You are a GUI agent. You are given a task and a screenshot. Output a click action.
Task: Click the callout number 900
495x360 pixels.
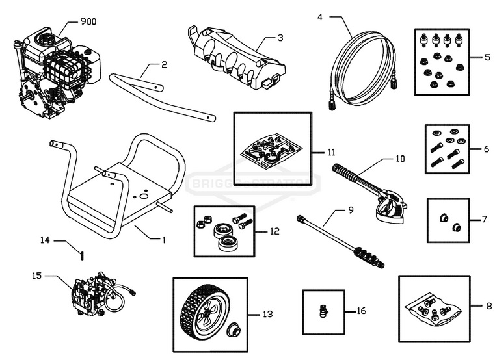(x=88, y=21)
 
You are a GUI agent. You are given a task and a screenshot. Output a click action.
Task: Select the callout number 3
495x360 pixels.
(x=280, y=38)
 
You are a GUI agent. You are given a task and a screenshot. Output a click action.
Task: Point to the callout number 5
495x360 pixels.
(x=487, y=57)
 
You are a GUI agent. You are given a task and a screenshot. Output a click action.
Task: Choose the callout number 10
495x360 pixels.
(x=400, y=158)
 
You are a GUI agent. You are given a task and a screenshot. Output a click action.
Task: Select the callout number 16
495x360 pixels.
(x=361, y=311)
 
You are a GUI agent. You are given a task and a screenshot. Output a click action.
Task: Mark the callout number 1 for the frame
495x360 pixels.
(x=163, y=239)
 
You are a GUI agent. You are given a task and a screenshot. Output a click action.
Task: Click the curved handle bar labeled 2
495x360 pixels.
(x=163, y=97)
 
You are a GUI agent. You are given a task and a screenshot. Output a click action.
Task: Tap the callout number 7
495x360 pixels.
(x=484, y=220)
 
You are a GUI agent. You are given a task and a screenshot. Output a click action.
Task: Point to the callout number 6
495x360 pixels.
(x=487, y=149)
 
